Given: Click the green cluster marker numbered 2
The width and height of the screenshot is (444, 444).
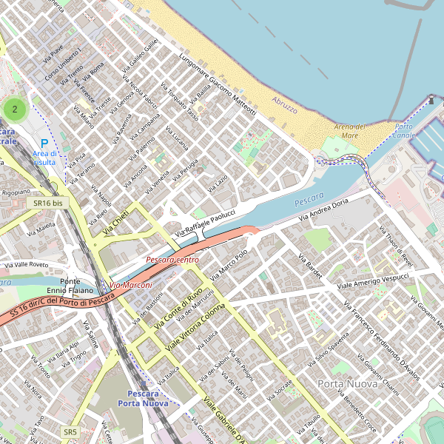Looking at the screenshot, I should (x=15, y=109).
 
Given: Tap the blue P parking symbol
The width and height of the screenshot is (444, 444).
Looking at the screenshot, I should (x=44, y=144).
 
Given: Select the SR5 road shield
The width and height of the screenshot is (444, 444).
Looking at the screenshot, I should (x=70, y=431).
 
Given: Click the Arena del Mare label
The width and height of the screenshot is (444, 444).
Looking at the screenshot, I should (x=350, y=131).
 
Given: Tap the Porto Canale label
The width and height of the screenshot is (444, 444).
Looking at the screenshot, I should (x=404, y=131).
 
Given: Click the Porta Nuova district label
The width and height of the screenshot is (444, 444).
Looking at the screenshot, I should (x=347, y=384).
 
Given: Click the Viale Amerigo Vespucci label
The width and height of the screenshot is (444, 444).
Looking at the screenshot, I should (x=373, y=280).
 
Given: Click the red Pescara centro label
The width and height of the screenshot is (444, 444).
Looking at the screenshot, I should (x=172, y=260).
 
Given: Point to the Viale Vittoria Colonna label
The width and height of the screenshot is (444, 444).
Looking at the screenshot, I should (x=195, y=327).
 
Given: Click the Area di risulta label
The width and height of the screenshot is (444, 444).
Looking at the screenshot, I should (x=44, y=158).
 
